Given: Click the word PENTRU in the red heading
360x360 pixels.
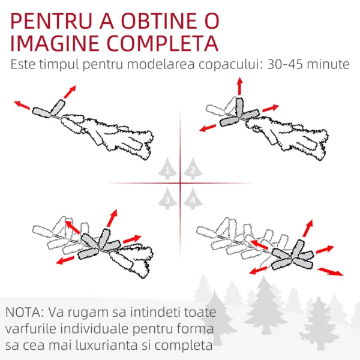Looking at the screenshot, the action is (51, 21).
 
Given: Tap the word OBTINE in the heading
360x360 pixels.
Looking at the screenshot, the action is (159, 21).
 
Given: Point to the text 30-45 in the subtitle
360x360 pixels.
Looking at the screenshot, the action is (285, 65).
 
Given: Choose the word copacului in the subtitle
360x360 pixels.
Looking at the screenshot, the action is (230, 65).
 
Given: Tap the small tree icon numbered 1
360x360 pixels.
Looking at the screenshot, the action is (167, 169).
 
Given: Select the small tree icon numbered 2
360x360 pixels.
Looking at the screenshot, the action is (193, 169).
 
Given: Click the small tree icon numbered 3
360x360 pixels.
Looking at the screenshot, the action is (167, 199).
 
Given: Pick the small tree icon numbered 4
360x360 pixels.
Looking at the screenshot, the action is (193, 199).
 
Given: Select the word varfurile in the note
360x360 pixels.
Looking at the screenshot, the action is (31, 329).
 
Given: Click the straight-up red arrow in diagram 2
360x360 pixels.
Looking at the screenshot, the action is (239, 86).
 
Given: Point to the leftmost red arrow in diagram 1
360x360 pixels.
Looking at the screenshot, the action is (22, 105).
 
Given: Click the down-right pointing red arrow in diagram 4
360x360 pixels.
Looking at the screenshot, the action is (331, 272).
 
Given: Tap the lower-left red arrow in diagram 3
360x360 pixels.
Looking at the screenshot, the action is (65, 260).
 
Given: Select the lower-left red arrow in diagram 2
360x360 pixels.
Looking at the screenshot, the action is (208, 128).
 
